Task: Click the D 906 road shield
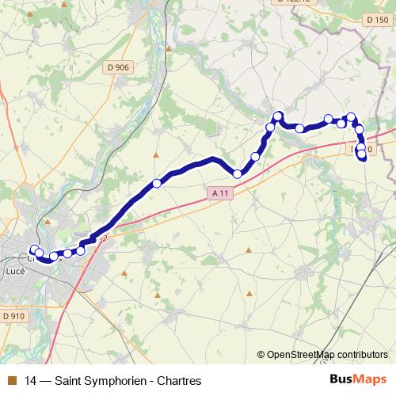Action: point(116,67)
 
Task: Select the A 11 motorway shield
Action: point(220,192)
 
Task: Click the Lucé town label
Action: point(13,271)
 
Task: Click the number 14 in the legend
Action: point(31,381)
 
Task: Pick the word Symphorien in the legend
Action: point(114,381)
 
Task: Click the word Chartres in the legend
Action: point(179,381)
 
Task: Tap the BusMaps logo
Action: point(358,380)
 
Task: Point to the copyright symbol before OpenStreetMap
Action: point(261,354)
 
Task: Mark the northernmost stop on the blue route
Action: point(278,116)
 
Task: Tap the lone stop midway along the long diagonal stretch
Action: point(157,183)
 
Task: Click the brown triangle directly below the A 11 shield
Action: point(249,250)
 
